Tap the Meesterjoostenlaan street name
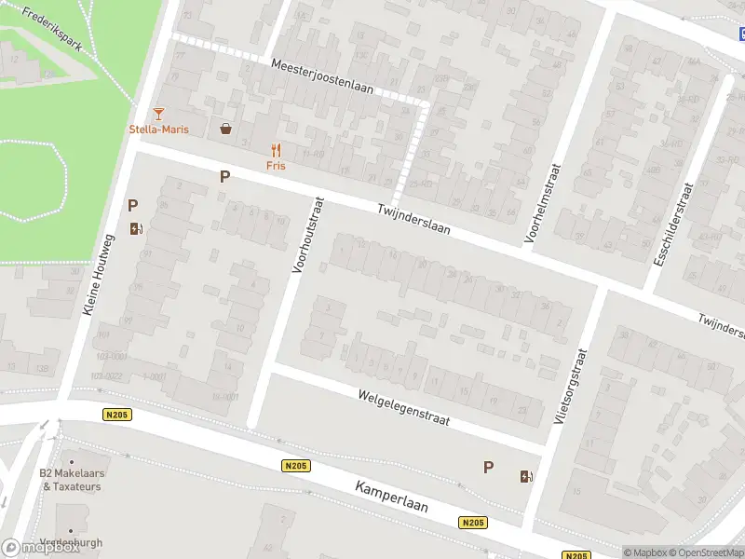[x=322, y=77]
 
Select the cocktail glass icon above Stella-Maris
[x=158, y=114]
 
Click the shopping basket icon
[x=225, y=130]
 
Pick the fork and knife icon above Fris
[x=276, y=150]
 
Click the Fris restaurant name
[x=276, y=166]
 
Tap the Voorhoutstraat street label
[x=307, y=234]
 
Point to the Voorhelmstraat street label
[x=543, y=203]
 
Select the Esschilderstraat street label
[x=673, y=225]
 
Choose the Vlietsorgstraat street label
[x=570, y=388]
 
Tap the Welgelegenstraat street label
[x=403, y=408]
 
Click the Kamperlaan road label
[x=391, y=498]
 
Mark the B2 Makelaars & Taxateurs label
[x=71, y=480]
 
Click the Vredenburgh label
[x=72, y=542]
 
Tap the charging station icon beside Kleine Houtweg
[x=136, y=228]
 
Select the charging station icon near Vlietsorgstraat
[x=526, y=477]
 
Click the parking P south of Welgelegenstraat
[x=488, y=468]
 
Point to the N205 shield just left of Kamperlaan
[x=295, y=466]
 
